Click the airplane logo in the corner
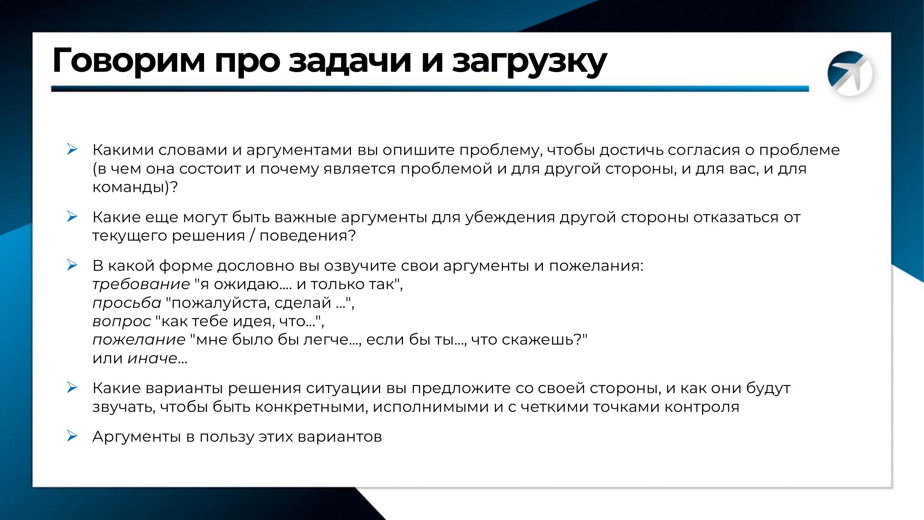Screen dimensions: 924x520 850,73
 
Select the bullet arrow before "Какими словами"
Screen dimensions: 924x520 72,149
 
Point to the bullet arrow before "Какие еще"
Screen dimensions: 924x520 72,216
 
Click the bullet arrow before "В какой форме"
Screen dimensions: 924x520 72,265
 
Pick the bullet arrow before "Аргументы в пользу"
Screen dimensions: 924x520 72,436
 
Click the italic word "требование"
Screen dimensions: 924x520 141,284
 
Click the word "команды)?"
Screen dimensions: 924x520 135,188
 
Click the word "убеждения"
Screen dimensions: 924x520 510,217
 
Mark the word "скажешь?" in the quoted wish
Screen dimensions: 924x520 544,339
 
